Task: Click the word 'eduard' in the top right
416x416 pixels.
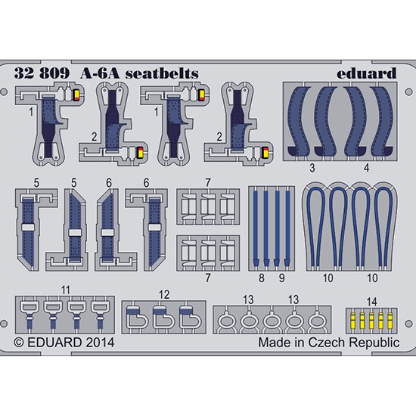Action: (x=367, y=73)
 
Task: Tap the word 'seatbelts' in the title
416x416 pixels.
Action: (x=162, y=73)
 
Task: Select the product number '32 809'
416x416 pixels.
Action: (x=42, y=73)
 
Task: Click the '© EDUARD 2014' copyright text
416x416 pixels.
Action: (x=64, y=343)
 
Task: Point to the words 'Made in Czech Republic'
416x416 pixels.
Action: (x=329, y=343)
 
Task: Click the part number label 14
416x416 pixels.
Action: (x=371, y=302)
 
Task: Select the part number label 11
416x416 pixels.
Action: (x=66, y=290)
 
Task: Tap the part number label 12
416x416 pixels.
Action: (x=164, y=295)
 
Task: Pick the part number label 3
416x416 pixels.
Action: (x=312, y=168)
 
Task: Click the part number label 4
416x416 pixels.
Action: (x=366, y=168)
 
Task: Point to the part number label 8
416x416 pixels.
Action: (x=262, y=278)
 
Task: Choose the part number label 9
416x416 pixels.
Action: (x=282, y=278)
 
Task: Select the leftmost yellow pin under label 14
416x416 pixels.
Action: (x=353, y=321)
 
